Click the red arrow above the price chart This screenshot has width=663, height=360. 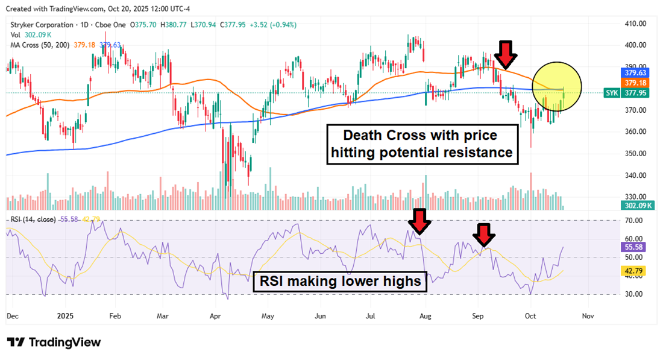506,55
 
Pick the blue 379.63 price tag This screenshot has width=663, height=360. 635,72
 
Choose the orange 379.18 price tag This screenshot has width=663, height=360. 635,82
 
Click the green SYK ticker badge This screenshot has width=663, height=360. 614,93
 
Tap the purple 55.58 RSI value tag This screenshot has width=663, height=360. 635,247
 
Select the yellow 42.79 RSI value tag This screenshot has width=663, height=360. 635,272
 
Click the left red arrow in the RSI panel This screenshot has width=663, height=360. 419,221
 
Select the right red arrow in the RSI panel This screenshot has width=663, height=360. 483,235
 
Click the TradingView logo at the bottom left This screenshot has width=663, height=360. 54,342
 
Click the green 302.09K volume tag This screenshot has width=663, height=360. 635,206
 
